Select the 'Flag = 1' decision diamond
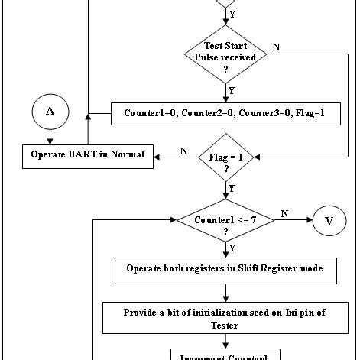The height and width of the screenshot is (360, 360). pyautogui.click(x=225, y=161)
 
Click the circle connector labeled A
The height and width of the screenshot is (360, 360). pyautogui.click(x=50, y=111)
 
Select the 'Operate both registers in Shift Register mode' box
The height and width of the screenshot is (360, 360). pyautogui.click(x=225, y=269)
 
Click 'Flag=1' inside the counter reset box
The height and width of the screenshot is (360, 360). pyautogui.click(x=310, y=113)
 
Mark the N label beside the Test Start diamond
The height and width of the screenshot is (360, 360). pyautogui.click(x=276, y=47)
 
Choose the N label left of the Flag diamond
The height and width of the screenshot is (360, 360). pyautogui.click(x=183, y=151)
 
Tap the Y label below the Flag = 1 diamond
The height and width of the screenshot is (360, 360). pyautogui.click(x=232, y=187)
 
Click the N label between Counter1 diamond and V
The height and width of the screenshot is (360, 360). pyautogui.click(x=284, y=214)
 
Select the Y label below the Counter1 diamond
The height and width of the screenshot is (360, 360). pyautogui.click(x=232, y=248)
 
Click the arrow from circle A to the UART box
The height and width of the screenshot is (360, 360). pyautogui.click(x=50, y=135)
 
